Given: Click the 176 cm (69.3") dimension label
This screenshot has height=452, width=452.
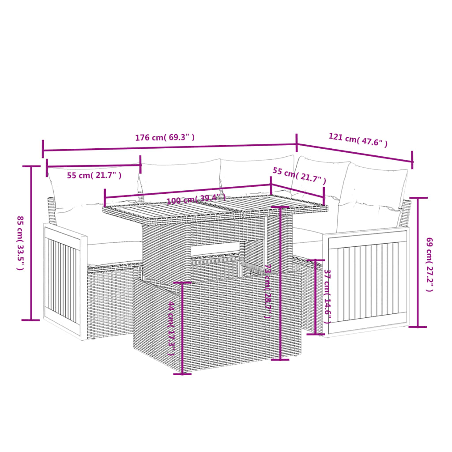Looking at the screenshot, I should click(x=165, y=137).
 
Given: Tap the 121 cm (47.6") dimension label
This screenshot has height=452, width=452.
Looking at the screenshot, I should click(x=358, y=140).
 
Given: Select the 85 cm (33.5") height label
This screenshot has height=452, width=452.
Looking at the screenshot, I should click(x=20, y=242).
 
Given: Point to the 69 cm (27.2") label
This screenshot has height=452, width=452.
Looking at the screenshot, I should click(x=429, y=264).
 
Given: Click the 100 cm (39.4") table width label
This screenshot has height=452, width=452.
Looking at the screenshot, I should click(x=196, y=200).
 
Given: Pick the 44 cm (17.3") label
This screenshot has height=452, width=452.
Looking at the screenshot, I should click(x=172, y=329).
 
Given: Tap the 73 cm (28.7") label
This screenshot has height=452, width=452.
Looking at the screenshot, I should click(x=267, y=291).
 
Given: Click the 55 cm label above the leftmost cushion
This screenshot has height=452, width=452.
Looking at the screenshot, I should click(x=94, y=175).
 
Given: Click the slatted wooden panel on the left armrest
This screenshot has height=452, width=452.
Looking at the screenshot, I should click(x=63, y=280).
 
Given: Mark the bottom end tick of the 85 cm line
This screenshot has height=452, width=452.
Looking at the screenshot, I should click(x=30, y=320).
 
